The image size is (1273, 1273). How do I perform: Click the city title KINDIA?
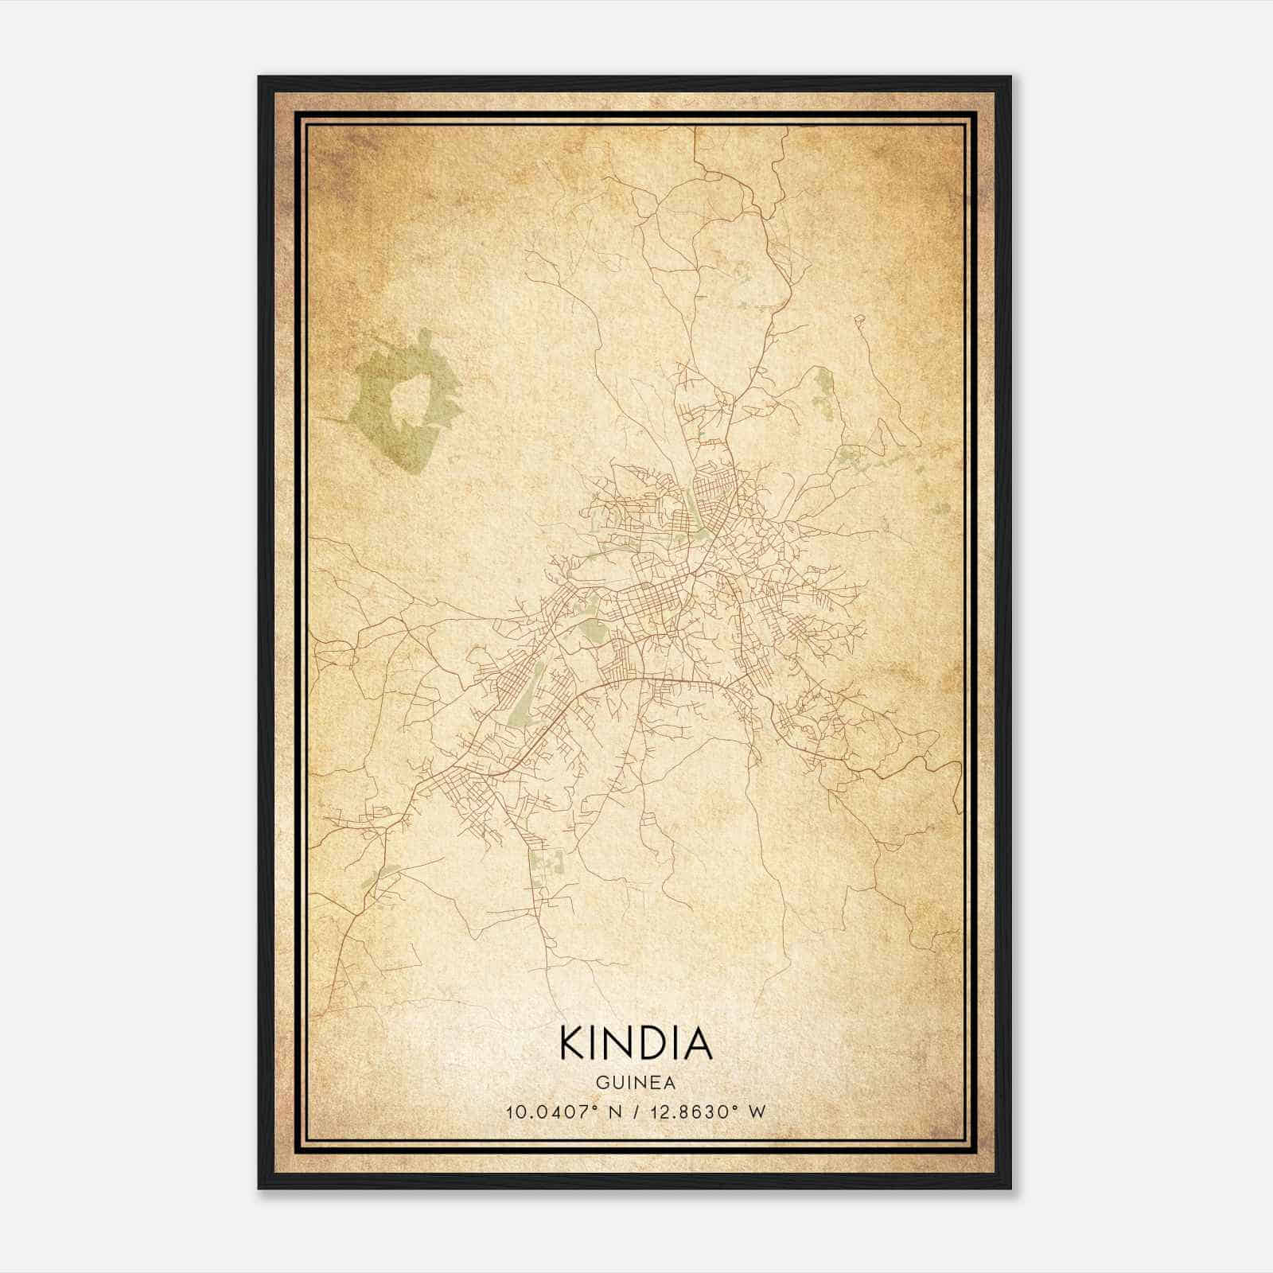tap(636, 1043)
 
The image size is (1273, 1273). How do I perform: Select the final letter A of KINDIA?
tap(696, 1043)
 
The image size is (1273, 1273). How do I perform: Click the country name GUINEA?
tap(636, 1083)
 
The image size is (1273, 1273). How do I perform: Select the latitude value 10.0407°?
tap(551, 1112)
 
